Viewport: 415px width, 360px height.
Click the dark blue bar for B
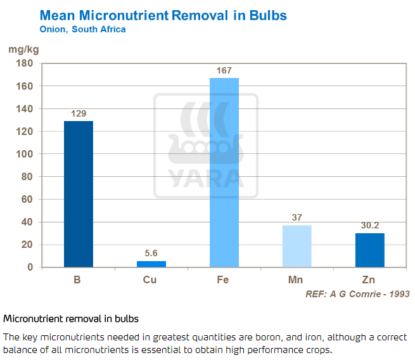79,194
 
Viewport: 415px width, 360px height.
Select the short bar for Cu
151,264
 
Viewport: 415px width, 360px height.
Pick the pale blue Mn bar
297,246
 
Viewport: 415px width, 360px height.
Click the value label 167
224,71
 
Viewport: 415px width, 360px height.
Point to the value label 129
79,114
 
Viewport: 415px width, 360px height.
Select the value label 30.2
369,226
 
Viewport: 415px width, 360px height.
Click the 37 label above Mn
297,217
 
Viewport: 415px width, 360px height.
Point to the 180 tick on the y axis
25,63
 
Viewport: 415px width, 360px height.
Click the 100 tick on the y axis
25,154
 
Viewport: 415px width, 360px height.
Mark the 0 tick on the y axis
29,267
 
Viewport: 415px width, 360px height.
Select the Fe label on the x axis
224,280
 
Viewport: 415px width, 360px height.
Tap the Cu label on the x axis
151,280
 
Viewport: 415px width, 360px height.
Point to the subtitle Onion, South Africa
82,29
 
